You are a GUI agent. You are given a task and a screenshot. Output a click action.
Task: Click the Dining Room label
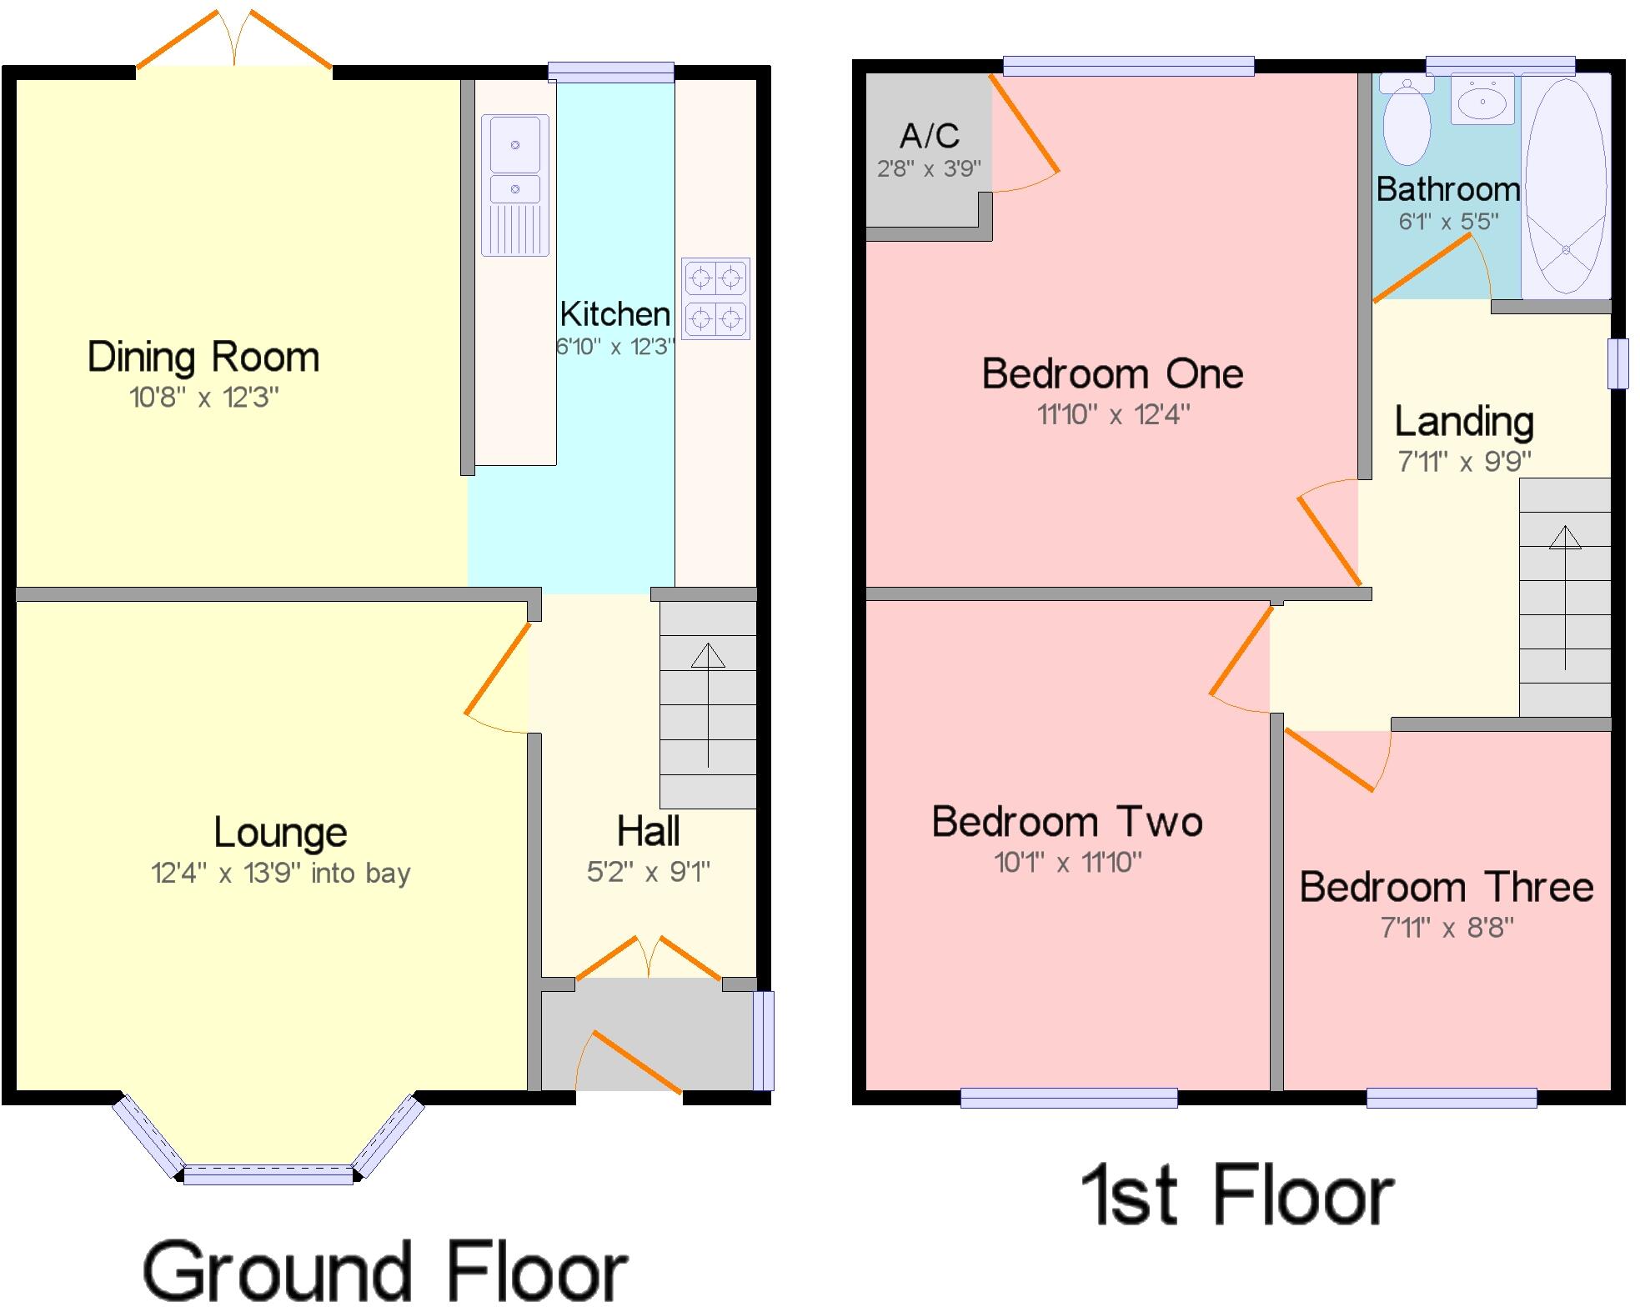203,358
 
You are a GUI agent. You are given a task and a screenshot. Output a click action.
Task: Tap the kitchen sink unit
515,185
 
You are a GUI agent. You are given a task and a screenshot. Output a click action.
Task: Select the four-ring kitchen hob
715,298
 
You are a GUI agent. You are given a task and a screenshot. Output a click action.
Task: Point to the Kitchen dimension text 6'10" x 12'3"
615,347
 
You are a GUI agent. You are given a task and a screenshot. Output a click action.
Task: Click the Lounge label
280,832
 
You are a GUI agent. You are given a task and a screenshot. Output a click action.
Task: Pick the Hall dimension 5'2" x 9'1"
649,872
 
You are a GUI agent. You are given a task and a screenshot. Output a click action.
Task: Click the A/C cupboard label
930,136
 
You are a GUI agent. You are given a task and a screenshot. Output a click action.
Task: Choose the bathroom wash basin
1482,100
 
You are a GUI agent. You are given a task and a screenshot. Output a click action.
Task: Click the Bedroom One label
1113,373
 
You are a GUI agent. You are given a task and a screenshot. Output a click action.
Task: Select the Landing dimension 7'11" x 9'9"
1464,461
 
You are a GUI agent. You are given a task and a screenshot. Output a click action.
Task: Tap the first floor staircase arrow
1565,596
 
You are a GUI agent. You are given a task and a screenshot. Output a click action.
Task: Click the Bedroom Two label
1067,822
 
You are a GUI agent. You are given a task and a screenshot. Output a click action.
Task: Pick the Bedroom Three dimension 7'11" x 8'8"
1447,928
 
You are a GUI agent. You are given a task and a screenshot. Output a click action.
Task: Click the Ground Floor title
385,1270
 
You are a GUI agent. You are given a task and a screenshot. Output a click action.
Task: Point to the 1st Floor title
1237,1196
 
